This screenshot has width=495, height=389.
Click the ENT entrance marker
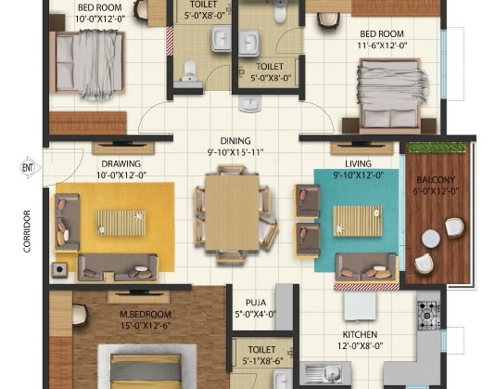pos(27,167)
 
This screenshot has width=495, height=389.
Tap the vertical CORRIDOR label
pos(28,229)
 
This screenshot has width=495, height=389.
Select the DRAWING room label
pos(121,163)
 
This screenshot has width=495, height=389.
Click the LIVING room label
pos(359,163)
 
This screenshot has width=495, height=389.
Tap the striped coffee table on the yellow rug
pos(118,222)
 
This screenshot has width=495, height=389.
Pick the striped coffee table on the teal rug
pos(355,220)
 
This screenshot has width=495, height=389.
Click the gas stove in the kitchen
pos(428,311)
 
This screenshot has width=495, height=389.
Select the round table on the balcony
pos(430,239)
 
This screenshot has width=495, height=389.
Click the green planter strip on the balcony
pos(436,149)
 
